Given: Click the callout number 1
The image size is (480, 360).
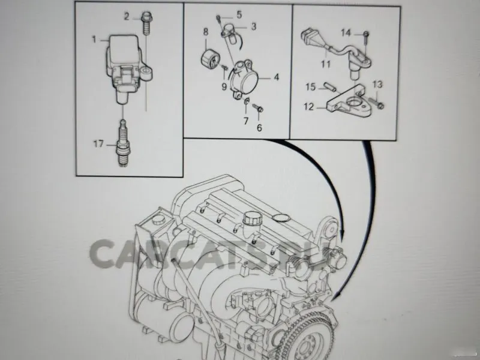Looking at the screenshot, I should coord(94,40).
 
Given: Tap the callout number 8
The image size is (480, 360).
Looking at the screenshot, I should coord(205,31).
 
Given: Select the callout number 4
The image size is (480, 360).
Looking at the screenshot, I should coord(276,77).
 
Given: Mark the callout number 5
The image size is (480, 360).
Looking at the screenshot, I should coord(239,14).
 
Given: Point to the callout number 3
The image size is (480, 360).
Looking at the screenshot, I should coord(254,26).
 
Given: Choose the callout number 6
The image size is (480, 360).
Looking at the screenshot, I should coord(259,128).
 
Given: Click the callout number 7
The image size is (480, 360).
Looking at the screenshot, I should coord(245,122).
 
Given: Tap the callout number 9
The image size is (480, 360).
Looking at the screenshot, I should coord(223,86).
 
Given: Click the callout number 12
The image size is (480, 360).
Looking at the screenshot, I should coord(308,107).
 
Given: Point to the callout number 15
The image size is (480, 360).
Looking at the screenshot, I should coord(310,88).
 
